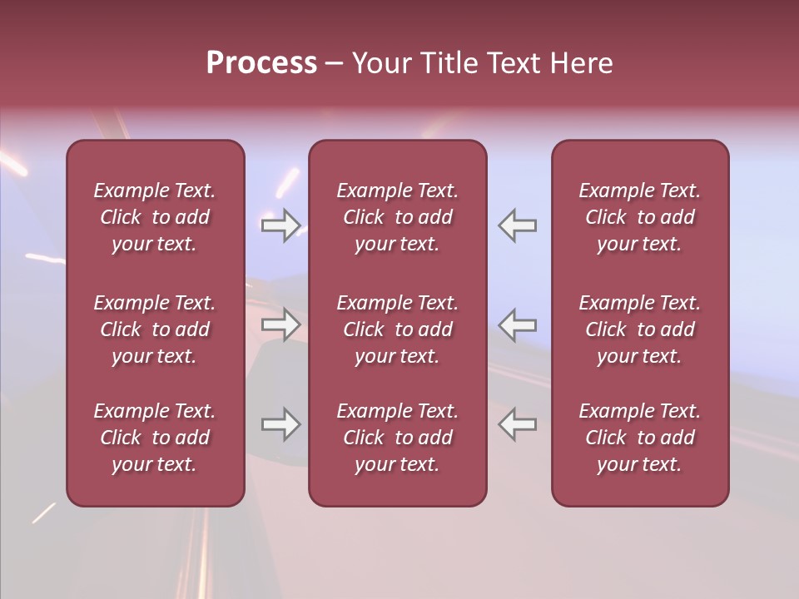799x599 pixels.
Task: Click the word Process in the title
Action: point(261,63)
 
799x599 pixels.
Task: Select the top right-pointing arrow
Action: point(281,225)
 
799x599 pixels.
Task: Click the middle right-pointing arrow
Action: point(281,324)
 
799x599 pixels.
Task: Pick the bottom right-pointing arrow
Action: point(281,424)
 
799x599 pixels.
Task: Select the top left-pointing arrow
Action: point(518,225)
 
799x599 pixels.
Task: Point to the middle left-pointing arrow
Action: point(518,324)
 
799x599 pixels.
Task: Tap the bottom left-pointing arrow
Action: point(518,424)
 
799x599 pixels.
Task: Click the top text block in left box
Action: point(155,217)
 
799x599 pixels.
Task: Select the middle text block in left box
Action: point(155,329)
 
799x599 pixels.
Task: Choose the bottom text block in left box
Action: point(155,438)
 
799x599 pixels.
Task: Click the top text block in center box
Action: point(398,217)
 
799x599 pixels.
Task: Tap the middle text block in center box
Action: point(398,329)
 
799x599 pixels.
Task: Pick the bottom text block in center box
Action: point(398,438)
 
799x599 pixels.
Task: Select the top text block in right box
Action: point(640,217)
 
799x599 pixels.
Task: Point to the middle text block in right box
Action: point(640,329)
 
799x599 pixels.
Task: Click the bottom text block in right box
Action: point(640,438)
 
